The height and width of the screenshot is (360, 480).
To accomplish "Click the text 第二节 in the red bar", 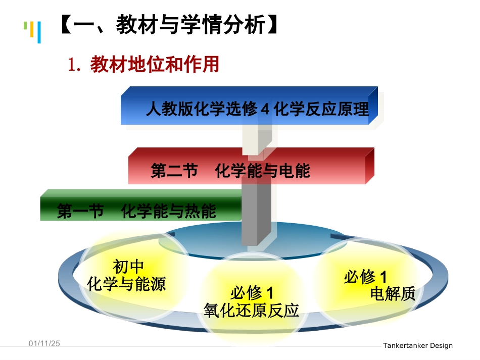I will click(174, 171).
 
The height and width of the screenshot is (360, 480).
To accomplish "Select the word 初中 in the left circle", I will click(128, 266).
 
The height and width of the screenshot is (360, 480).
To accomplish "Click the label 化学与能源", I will click(126, 284).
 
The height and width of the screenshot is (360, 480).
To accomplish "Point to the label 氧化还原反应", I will click(251, 310).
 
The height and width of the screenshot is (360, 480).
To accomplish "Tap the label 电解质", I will click(393, 293).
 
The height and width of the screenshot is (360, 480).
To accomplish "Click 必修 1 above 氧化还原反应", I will click(251, 293).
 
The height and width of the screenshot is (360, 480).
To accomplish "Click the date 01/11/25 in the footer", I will click(44, 343).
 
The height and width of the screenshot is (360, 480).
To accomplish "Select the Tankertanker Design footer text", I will click(417, 346).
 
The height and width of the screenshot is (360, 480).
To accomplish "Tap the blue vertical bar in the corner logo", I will click(39, 32).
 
